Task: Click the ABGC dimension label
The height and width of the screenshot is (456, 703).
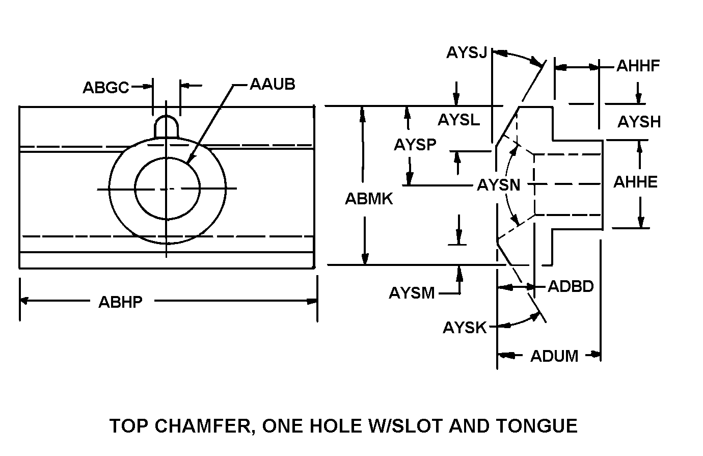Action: coord(106,88)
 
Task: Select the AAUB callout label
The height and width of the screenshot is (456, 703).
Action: coord(272,84)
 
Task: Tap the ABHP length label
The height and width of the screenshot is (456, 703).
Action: coord(120,302)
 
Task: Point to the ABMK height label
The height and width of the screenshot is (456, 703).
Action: coord(369,199)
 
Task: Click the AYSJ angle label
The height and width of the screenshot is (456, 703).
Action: coord(467,52)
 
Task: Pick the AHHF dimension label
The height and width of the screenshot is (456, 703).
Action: coord(638,66)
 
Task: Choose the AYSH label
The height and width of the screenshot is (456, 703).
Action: coord(639,122)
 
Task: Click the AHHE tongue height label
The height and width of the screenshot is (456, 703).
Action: coord(635,182)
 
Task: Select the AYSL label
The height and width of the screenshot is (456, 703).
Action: coord(458,120)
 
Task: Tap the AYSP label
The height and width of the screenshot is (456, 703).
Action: coord(415,145)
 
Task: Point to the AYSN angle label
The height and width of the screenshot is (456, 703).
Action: coord(498,185)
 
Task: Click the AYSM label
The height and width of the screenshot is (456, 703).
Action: coord(412,293)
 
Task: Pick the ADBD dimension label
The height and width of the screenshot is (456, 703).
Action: coord(571,287)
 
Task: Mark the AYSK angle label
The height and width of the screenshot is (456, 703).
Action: coord(465,328)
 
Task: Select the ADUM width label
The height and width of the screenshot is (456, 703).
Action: coord(554,356)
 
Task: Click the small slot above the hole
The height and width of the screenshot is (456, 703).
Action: coord(167,126)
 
